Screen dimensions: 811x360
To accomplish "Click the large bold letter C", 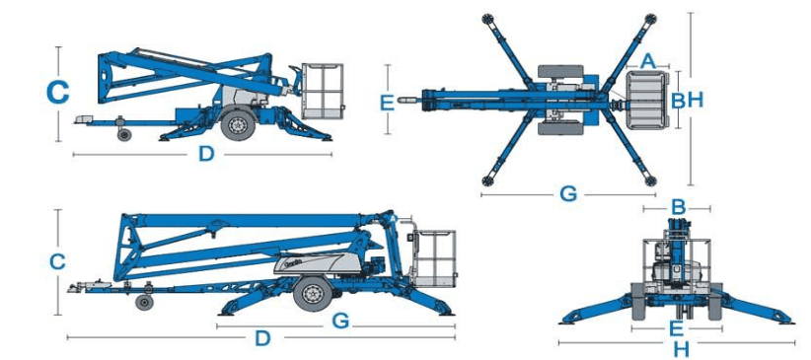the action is pyautogui.click(x=57, y=93).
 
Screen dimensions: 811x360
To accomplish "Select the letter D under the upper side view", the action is pyautogui.click(x=206, y=154).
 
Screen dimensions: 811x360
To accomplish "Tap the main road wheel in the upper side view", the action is pyautogui.click(x=238, y=124).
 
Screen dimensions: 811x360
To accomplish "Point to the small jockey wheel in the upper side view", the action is pyautogui.click(x=124, y=134).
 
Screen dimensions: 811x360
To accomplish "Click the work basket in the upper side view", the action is pyautogui.click(x=323, y=92).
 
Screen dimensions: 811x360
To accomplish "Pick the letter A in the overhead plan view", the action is pyautogui.click(x=647, y=61).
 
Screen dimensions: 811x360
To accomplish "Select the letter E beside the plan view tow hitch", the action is pyautogui.click(x=387, y=103).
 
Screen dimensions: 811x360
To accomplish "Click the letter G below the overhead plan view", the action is pyautogui.click(x=568, y=194).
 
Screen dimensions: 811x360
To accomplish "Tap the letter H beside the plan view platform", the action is pyautogui.click(x=696, y=100).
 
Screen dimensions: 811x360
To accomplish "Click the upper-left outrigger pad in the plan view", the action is pyautogui.click(x=487, y=19).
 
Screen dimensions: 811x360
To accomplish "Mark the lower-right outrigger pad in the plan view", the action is pyautogui.click(x=650, y=181).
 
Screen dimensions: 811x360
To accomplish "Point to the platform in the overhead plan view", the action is pyautogui.click(x=645, y=101).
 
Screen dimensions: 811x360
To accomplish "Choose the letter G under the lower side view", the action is pyautogui.click(x=340, y=322).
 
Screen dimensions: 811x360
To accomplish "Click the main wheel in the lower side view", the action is pyautogui.click(x=312, y=293).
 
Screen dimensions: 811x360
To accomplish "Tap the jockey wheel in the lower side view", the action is pyautogui.click(x=144, y=302).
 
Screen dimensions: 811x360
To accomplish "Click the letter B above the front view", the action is pyautogui.click(x=678, y=208).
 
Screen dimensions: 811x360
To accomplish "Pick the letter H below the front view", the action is pyautogui.click(x=682, y=350).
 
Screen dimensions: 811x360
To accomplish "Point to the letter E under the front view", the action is pyautogui.click(x=677, y=328).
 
